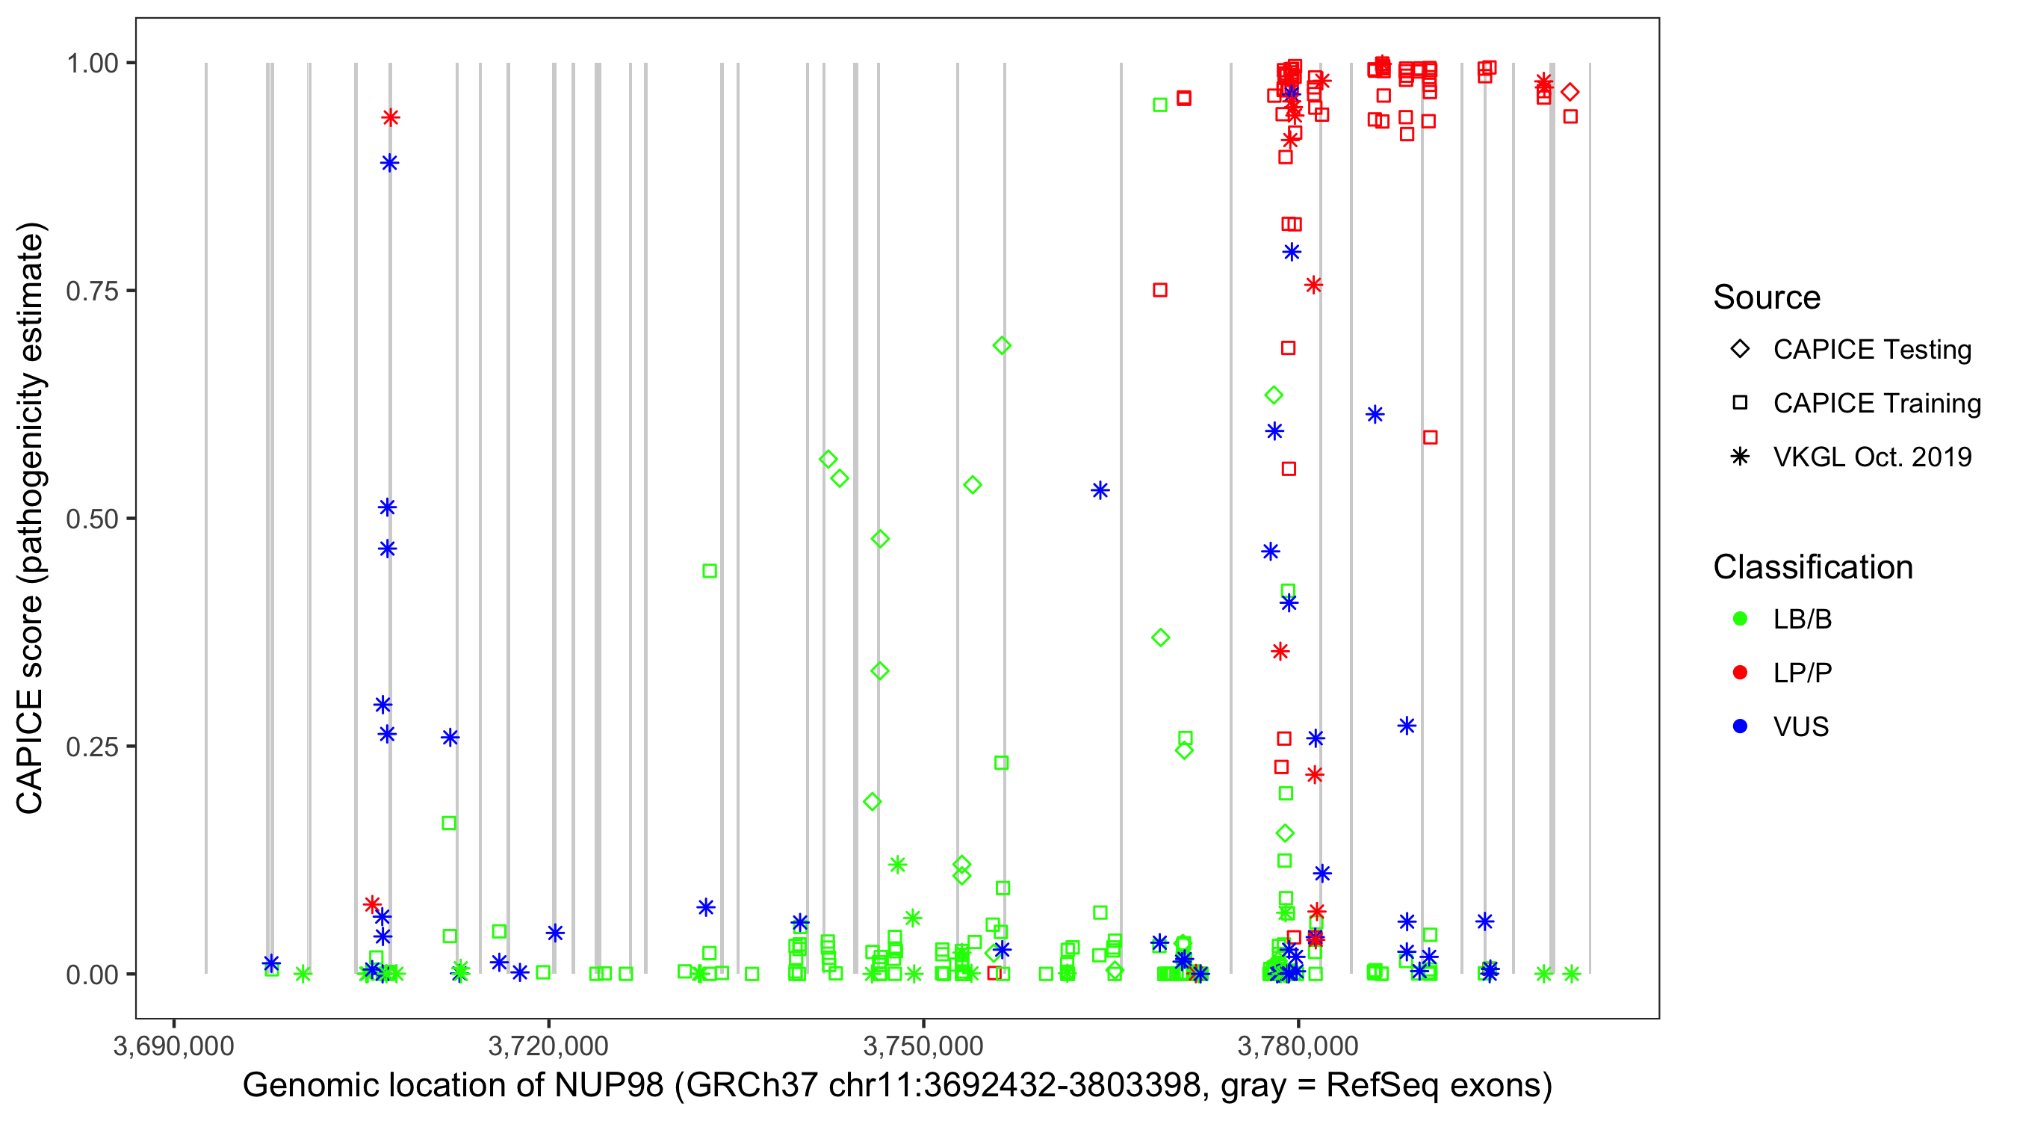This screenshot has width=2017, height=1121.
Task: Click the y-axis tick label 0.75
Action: (91, 291)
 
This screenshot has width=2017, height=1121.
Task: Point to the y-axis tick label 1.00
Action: (91, 64)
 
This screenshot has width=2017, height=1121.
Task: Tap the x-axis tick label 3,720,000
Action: (548, 1046)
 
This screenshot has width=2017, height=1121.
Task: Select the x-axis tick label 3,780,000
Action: (1298, 1046)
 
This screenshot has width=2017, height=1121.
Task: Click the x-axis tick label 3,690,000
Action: (173, 1046)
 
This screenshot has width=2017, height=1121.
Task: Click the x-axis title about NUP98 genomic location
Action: (896, 1086)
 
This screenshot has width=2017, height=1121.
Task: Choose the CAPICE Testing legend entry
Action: (1871, 350)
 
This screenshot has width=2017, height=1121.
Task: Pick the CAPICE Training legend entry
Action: (1876, 404)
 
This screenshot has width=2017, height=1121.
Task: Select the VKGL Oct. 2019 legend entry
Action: (1871, 457)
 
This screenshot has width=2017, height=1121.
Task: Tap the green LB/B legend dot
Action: (1740, 619)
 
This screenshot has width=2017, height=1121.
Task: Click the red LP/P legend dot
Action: (1740, 673)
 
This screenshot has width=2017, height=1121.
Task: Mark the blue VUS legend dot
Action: (1740, 727)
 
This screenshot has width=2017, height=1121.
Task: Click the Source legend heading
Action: (1767, 297)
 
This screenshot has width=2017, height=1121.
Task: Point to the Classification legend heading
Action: (1812, 567)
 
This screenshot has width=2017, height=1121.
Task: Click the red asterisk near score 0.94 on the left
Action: (391, 117)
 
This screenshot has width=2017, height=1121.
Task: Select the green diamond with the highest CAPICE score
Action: (1002, 345)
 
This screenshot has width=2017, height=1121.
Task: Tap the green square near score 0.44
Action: (710, 571)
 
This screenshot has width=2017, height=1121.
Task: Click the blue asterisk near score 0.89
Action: (390, 163)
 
